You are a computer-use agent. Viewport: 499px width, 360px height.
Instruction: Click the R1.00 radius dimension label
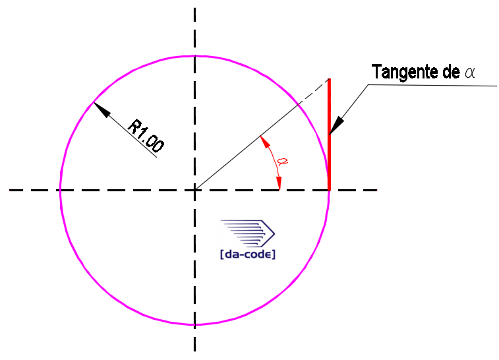tap(146, 135)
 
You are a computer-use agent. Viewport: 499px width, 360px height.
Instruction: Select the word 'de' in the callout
tap(451, 72)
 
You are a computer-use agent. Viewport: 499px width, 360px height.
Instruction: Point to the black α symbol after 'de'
tap(470, 73)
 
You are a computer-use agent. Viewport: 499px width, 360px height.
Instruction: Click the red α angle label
tap(282, 162)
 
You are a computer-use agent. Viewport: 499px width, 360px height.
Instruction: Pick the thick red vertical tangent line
tap(330, 134)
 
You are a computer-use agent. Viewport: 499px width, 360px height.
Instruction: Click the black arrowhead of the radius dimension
tap(102, 110)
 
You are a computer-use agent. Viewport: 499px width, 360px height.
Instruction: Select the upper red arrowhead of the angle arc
tap(265, 142)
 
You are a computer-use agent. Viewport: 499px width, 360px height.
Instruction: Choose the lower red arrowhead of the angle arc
tap(279, 183)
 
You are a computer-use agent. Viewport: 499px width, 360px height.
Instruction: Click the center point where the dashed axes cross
tap(194, 190)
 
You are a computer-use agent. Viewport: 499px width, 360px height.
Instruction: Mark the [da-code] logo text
tap(248, 255)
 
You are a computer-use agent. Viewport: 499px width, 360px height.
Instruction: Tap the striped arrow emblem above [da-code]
tap(248, 233)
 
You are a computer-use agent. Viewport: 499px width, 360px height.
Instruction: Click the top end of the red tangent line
tap(330, 78)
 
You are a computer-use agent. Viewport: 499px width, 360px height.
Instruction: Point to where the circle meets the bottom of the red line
tap(329, 190)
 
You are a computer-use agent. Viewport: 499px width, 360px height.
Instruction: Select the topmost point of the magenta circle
tap(194, 56)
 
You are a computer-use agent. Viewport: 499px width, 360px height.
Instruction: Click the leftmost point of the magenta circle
tap(61, 190)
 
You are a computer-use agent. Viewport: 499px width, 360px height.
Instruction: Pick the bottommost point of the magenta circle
tap(194, 324)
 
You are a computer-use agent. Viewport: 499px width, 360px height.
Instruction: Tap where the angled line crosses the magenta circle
tap(298, 104)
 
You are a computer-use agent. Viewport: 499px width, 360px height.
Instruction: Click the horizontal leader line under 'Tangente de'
tap(432, 85)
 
